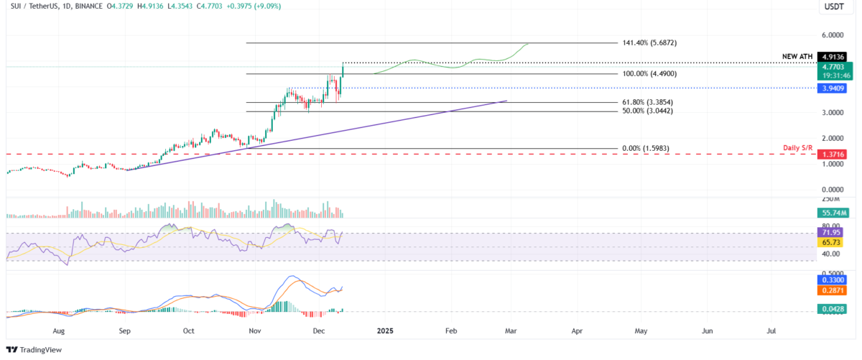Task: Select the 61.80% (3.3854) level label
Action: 649,102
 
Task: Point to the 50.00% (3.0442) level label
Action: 649,111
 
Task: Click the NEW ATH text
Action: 797,55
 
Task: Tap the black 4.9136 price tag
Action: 833,55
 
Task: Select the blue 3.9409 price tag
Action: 833,88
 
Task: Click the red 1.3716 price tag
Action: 833,154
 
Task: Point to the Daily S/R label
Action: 797,147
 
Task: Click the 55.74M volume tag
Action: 833,213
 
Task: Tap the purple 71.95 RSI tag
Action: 833,232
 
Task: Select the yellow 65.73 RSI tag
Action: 833,243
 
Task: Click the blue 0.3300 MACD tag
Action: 833,280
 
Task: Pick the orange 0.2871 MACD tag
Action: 833,290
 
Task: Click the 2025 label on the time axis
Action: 385,331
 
